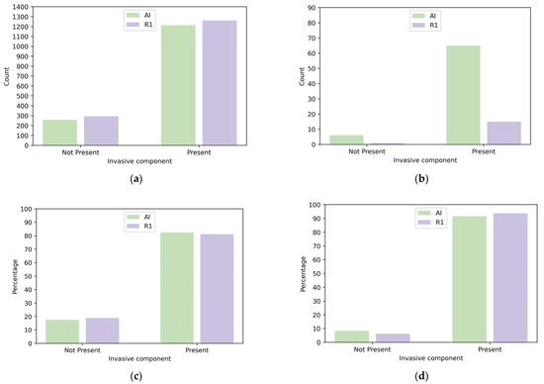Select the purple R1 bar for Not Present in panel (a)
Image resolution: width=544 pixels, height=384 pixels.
pos(102,131)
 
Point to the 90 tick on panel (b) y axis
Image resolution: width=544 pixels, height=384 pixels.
pos(308,8)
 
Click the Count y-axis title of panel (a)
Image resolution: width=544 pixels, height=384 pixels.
pos(7,76)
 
